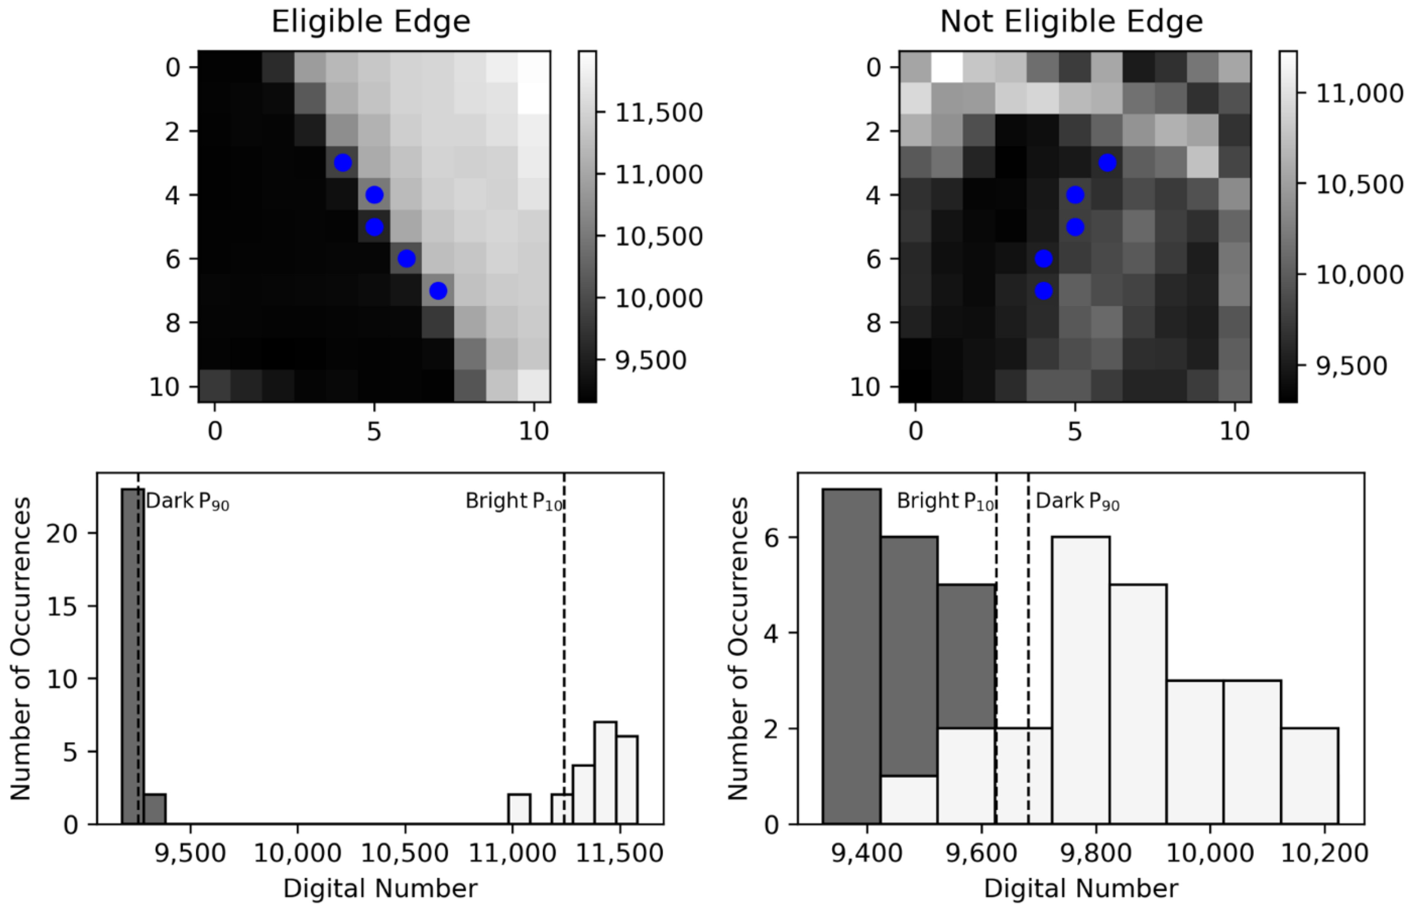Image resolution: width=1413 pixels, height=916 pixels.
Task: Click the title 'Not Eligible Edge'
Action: click(1071, 22)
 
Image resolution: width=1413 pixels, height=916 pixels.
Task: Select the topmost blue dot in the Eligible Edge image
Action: click(342, 162)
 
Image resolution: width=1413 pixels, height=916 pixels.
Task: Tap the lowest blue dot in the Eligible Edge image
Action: click(438, 290)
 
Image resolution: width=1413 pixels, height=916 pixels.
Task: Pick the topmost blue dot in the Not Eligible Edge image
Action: click(1107, 162)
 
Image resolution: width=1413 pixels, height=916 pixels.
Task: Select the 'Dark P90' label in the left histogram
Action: click(187, 502)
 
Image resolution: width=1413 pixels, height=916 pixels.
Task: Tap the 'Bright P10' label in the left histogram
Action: click(514, 502)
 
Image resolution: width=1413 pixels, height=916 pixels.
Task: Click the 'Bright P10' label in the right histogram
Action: click(945, 502)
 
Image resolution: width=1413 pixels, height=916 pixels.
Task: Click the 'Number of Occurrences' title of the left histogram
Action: click(21, 648)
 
